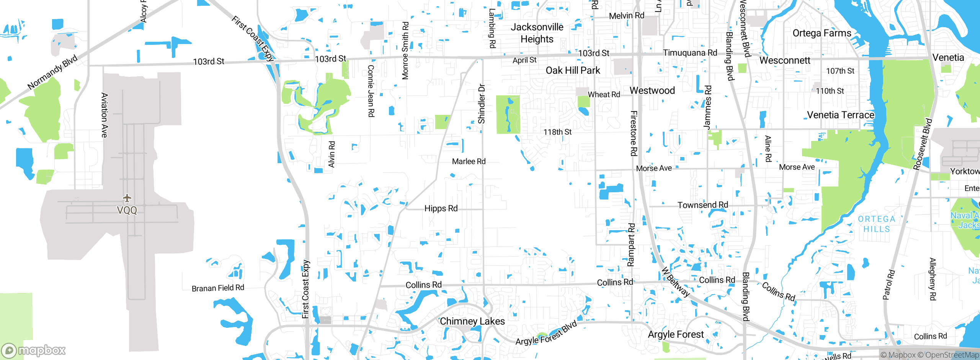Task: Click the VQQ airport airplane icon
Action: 127,198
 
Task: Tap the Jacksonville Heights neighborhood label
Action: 537,33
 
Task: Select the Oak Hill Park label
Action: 573,70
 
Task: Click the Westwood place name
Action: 652,91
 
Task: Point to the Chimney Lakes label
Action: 472,321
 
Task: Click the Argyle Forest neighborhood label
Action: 676,334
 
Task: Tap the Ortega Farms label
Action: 822,33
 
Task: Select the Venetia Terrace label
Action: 841,115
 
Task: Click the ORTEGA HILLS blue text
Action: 877,224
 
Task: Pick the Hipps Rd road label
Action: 441,208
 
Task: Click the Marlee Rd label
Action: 469,162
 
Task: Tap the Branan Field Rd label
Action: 218,288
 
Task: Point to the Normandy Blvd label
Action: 52,72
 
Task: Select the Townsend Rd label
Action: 703,205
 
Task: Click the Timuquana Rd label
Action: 690,53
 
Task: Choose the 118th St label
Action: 557,132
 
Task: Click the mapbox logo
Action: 34,350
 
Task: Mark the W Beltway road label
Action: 676,283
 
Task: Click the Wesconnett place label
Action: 785,61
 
